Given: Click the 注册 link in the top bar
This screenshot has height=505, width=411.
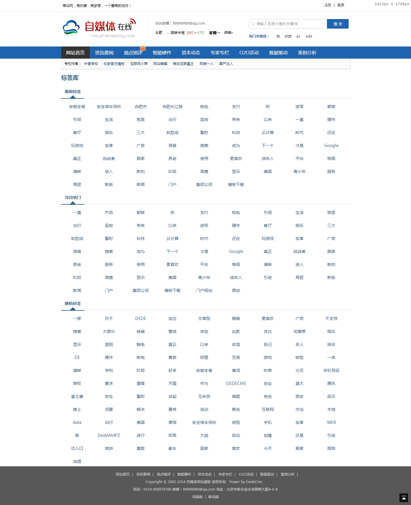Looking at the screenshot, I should click(328, 5).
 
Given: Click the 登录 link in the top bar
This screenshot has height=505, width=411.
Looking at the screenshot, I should click(341, 5).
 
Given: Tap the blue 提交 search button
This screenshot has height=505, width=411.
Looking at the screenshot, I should click(338, 24).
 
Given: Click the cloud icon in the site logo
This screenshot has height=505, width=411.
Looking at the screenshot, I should click(71, 28).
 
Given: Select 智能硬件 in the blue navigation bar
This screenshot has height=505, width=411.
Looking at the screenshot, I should click(162, 53).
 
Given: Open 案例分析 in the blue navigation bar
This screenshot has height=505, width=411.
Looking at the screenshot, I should click(307, 53).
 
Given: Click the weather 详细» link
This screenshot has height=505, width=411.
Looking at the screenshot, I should click(228, 33).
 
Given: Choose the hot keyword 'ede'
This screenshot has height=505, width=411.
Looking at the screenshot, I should click(309, 36).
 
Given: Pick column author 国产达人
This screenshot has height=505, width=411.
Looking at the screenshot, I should click(226, 64).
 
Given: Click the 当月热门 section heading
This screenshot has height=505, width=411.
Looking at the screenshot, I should click(73, 197).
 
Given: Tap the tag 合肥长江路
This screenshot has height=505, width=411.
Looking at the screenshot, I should click(172, 107).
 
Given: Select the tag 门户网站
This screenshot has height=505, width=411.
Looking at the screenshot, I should click(204, 291).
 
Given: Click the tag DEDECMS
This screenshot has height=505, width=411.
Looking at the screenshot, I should click(236, 383).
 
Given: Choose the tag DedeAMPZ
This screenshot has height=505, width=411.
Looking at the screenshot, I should click(109, 435).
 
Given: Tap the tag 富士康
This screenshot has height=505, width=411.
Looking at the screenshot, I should click(77, 397).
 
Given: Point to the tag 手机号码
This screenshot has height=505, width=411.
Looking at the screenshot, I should click(331, 371).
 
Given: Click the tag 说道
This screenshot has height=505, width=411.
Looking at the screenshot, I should click(77, 461).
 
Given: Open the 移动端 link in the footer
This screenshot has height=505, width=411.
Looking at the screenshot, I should click(213, 497).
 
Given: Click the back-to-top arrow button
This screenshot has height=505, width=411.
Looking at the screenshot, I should click(403, 498).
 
